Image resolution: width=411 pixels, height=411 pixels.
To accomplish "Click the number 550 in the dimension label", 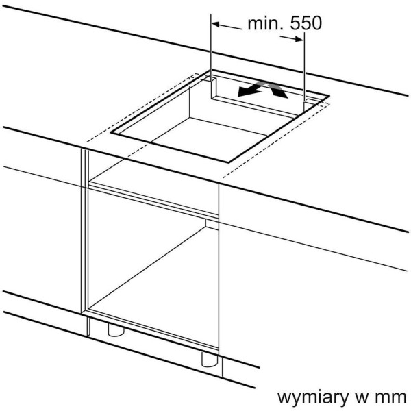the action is pos(306,23).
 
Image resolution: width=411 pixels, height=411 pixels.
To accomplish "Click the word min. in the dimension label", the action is pos(266,23).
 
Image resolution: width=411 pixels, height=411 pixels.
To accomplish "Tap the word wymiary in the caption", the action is pos(312,398).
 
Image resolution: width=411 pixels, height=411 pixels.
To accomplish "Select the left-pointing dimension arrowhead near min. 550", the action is pos(216,25).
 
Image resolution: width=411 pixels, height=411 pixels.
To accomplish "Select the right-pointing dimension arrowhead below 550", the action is pos(299,39).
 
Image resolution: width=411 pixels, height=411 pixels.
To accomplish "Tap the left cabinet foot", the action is pos(116,329).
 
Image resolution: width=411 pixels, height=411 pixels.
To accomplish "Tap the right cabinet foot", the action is pos(210,360).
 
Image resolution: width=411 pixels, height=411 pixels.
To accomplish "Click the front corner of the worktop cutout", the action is pos(229,162).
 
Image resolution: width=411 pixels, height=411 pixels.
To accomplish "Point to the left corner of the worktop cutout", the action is pos(111,133).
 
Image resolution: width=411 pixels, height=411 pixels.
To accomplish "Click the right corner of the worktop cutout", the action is pos(329,96).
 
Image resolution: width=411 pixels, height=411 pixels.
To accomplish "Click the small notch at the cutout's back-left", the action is pos(213,88).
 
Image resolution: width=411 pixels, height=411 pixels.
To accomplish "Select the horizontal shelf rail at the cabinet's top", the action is pos(153,201).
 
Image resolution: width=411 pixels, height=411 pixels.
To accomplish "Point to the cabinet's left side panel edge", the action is pos(84,231).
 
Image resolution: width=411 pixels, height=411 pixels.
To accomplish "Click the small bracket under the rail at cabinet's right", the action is pos(212,225).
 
